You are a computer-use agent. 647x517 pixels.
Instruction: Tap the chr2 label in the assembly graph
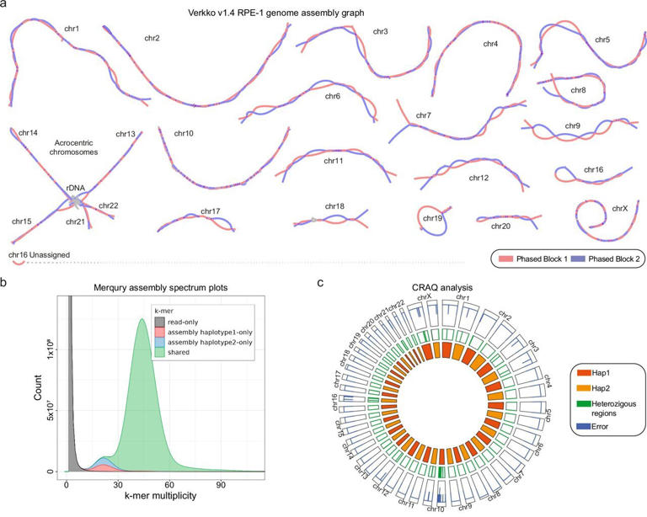[152, 38]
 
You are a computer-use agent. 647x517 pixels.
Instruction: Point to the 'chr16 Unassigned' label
[39, 253]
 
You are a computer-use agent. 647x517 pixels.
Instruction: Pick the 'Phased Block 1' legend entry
[532, 259]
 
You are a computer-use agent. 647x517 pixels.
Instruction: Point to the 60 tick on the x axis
[170, 486]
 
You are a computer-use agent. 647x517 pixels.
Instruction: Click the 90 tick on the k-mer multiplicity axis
[222, 486]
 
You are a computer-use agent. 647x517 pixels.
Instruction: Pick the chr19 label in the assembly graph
[433, 218]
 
